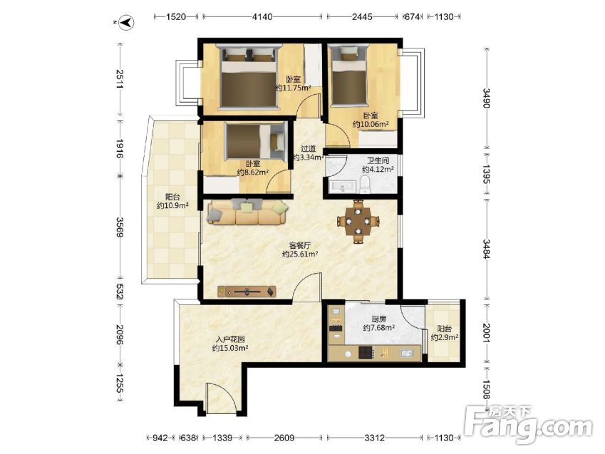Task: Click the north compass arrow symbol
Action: click(126, 22)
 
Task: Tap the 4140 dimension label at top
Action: click(262, 16)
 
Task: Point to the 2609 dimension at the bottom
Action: click(284, 438)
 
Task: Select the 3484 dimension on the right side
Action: click(486, 249)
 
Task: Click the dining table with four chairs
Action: click(358, 221)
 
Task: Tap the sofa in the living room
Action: click(248, 212)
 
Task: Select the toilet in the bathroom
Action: click(364, 184)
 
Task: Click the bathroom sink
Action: click(343, 186)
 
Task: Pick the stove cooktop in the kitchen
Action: click(366, 353)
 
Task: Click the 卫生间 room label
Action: click(378, 160)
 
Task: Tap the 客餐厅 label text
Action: click(300, 245)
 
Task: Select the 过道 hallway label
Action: click(309, 149)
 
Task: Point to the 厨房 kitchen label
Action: click(379, 319)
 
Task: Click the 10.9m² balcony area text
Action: click(172, 206)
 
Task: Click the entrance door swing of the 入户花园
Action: click(222, 398)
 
